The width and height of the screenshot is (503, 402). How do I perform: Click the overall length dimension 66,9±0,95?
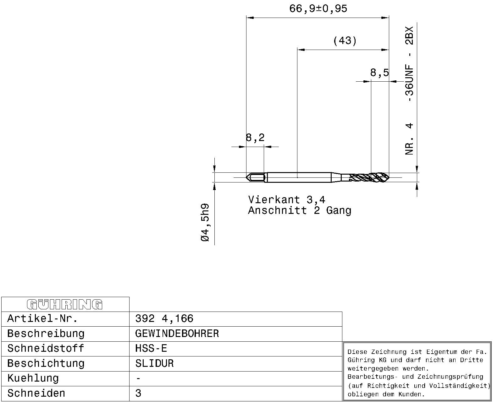[318, 9]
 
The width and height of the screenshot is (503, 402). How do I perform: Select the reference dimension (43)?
[345, 41]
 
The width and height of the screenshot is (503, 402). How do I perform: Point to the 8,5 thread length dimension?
[379, 73]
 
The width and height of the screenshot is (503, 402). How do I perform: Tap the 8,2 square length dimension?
[255, 138]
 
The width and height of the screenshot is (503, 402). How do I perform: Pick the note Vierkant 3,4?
[287, 200]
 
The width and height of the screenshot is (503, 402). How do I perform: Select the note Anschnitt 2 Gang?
[300, 210]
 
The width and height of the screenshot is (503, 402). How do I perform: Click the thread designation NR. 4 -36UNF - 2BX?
[409, 91]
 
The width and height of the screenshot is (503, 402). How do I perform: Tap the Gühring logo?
[65, 305]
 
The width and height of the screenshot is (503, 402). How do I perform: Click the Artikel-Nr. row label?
[42, 318]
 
